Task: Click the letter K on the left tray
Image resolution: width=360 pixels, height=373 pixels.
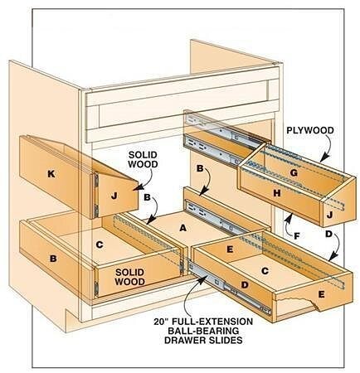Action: (x=51, y=174)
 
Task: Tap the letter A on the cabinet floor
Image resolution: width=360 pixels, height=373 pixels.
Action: (x=182, y=228)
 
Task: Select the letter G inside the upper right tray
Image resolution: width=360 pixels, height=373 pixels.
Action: (x=294, y=173)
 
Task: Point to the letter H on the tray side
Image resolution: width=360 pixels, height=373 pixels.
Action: (x=277, y=193)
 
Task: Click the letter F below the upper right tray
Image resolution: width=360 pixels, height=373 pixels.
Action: (x=297, y=236)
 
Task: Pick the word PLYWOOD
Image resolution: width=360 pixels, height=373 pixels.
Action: (x=310, y=130)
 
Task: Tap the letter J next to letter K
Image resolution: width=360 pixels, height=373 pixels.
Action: (x=114, y=196)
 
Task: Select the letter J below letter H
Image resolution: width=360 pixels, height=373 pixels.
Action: (x=329, y=215)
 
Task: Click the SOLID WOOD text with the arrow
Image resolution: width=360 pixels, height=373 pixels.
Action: (x=143, y=159)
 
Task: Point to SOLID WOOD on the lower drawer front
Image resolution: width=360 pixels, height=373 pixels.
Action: (x=130, y=277)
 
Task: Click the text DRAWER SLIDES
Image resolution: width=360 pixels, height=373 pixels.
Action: (x=203, y=340)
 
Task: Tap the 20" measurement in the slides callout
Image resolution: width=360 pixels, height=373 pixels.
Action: (x=160, y=322)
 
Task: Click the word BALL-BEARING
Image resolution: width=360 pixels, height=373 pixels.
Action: (x=203, y=331)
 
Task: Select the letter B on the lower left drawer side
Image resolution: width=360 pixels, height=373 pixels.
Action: (x=53, y=259)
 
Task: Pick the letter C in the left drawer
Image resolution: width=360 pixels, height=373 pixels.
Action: (x=100, y=245)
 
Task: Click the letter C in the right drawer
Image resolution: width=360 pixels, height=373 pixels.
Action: (x=265, y=271)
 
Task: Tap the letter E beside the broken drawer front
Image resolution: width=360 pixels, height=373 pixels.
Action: (x=321, y=294)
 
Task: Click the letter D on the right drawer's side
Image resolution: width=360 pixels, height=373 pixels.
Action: (x=245, y=285)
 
